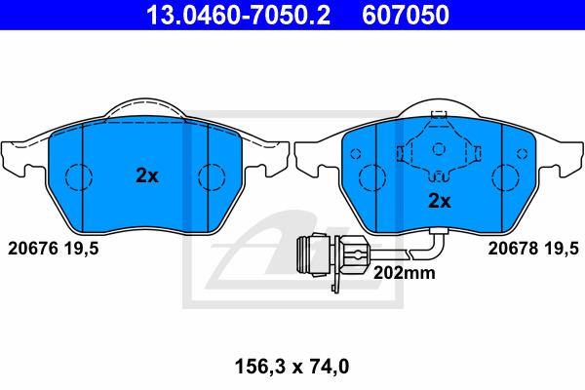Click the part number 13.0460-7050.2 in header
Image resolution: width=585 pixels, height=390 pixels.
pyautogui.click(x=238, y=15)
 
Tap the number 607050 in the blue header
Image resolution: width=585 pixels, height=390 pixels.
pyautogui.click(x=406, y=15)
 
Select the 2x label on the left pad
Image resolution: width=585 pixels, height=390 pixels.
pyautogui.click(x=147, y=175)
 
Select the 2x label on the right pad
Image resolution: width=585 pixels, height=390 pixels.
pyautogui.click(x=440, y=201)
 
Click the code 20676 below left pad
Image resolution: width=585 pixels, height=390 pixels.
pyautogui.click(x=33, y=249)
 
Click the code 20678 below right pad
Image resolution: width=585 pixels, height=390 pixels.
pyautogui.click(x=513, y=249)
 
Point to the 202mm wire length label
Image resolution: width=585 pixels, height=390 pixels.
pyautogui.click(x=404, y=273)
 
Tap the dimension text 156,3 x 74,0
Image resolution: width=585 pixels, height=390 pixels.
pyautogui.click(x=292, y=367)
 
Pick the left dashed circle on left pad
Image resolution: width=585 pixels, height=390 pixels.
pyautogui.click(x=79, y=176)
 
